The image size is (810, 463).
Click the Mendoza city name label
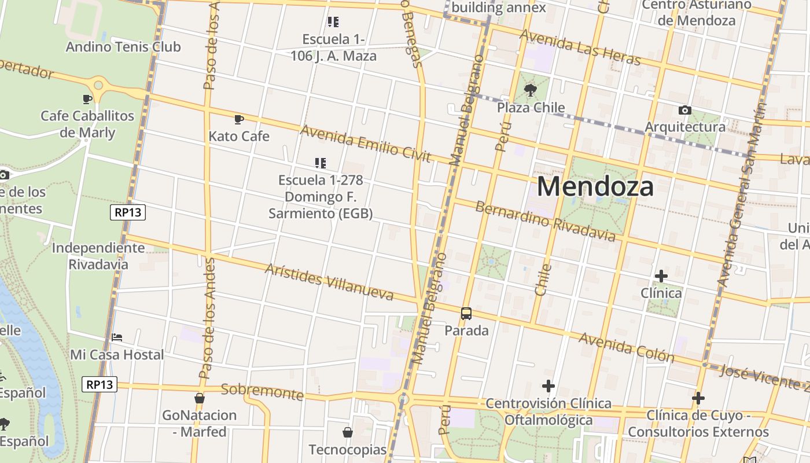pos(595,186)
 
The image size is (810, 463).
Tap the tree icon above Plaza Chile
pos(530,90)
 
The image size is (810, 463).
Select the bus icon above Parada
pos(466,314)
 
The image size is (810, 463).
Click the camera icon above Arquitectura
pos(685,110)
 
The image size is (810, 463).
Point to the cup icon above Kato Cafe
pos(238,120)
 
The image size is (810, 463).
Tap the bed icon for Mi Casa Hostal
pos(117,337)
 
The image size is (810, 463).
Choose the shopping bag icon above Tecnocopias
pos(348,432)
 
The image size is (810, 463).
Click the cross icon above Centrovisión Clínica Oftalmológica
pos(548,386)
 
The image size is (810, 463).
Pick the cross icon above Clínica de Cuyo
pos(698,398)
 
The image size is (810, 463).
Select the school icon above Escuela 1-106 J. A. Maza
pos(333,22)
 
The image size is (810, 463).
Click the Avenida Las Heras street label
pos(580,47)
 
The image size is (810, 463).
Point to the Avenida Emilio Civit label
pos(365,144)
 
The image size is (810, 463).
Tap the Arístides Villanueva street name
pos(329,282)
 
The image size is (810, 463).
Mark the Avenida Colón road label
pos(626,347)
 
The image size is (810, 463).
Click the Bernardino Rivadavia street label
pos(545,221)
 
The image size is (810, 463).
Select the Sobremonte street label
pos(262,392)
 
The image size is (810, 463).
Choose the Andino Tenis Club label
pos(123,47)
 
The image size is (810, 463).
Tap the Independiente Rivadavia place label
pos(98,256)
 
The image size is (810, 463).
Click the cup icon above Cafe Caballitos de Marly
pos(87,99)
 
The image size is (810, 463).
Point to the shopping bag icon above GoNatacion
pos(200,398)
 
